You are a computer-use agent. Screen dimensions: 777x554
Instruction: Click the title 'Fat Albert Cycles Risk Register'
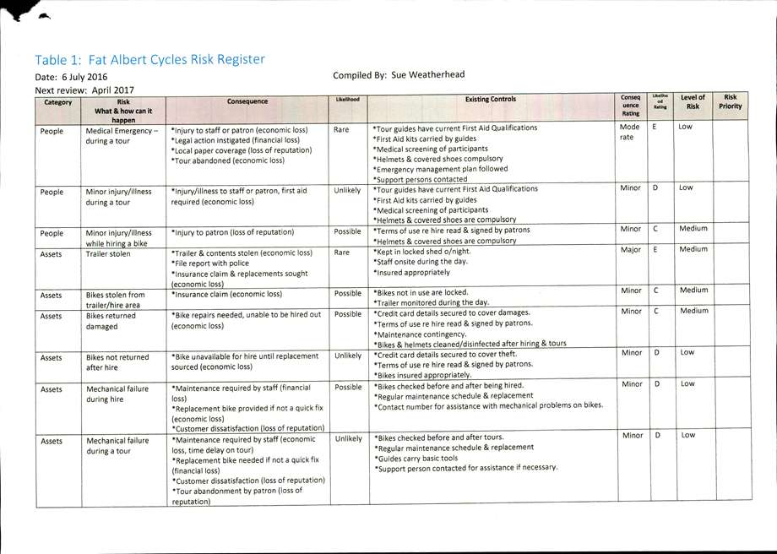[177, 60]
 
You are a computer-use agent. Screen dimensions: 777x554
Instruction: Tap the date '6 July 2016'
[84, 77]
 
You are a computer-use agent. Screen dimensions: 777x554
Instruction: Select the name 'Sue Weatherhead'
[428, 75]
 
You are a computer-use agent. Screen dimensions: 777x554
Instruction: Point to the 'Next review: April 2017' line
[84, 90]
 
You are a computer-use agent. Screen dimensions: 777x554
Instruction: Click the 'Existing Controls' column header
[491, 99]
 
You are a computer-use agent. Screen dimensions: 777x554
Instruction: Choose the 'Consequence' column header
[247, 101]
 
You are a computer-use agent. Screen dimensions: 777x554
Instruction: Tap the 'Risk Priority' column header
[730, 101]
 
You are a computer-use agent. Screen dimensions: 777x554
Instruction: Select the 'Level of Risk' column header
[693, 101]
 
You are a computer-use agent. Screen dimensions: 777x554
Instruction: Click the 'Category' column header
[58, 102]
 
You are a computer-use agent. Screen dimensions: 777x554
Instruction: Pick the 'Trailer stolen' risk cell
[108, 253]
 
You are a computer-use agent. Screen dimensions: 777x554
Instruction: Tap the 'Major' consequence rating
[630, 250]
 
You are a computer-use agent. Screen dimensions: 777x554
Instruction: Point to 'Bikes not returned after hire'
[117, 362]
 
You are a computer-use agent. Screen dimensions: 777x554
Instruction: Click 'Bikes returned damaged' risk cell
[111, 321]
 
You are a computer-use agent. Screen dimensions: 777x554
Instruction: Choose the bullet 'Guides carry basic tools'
[416, 459]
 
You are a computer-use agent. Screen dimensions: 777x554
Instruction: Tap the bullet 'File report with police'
[210, 263]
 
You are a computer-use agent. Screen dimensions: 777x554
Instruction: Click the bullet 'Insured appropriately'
[412, 273]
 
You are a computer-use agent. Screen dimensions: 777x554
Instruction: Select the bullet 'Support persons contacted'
[421, 179]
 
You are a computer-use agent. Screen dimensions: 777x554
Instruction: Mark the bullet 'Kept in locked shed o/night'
[422, 251]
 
